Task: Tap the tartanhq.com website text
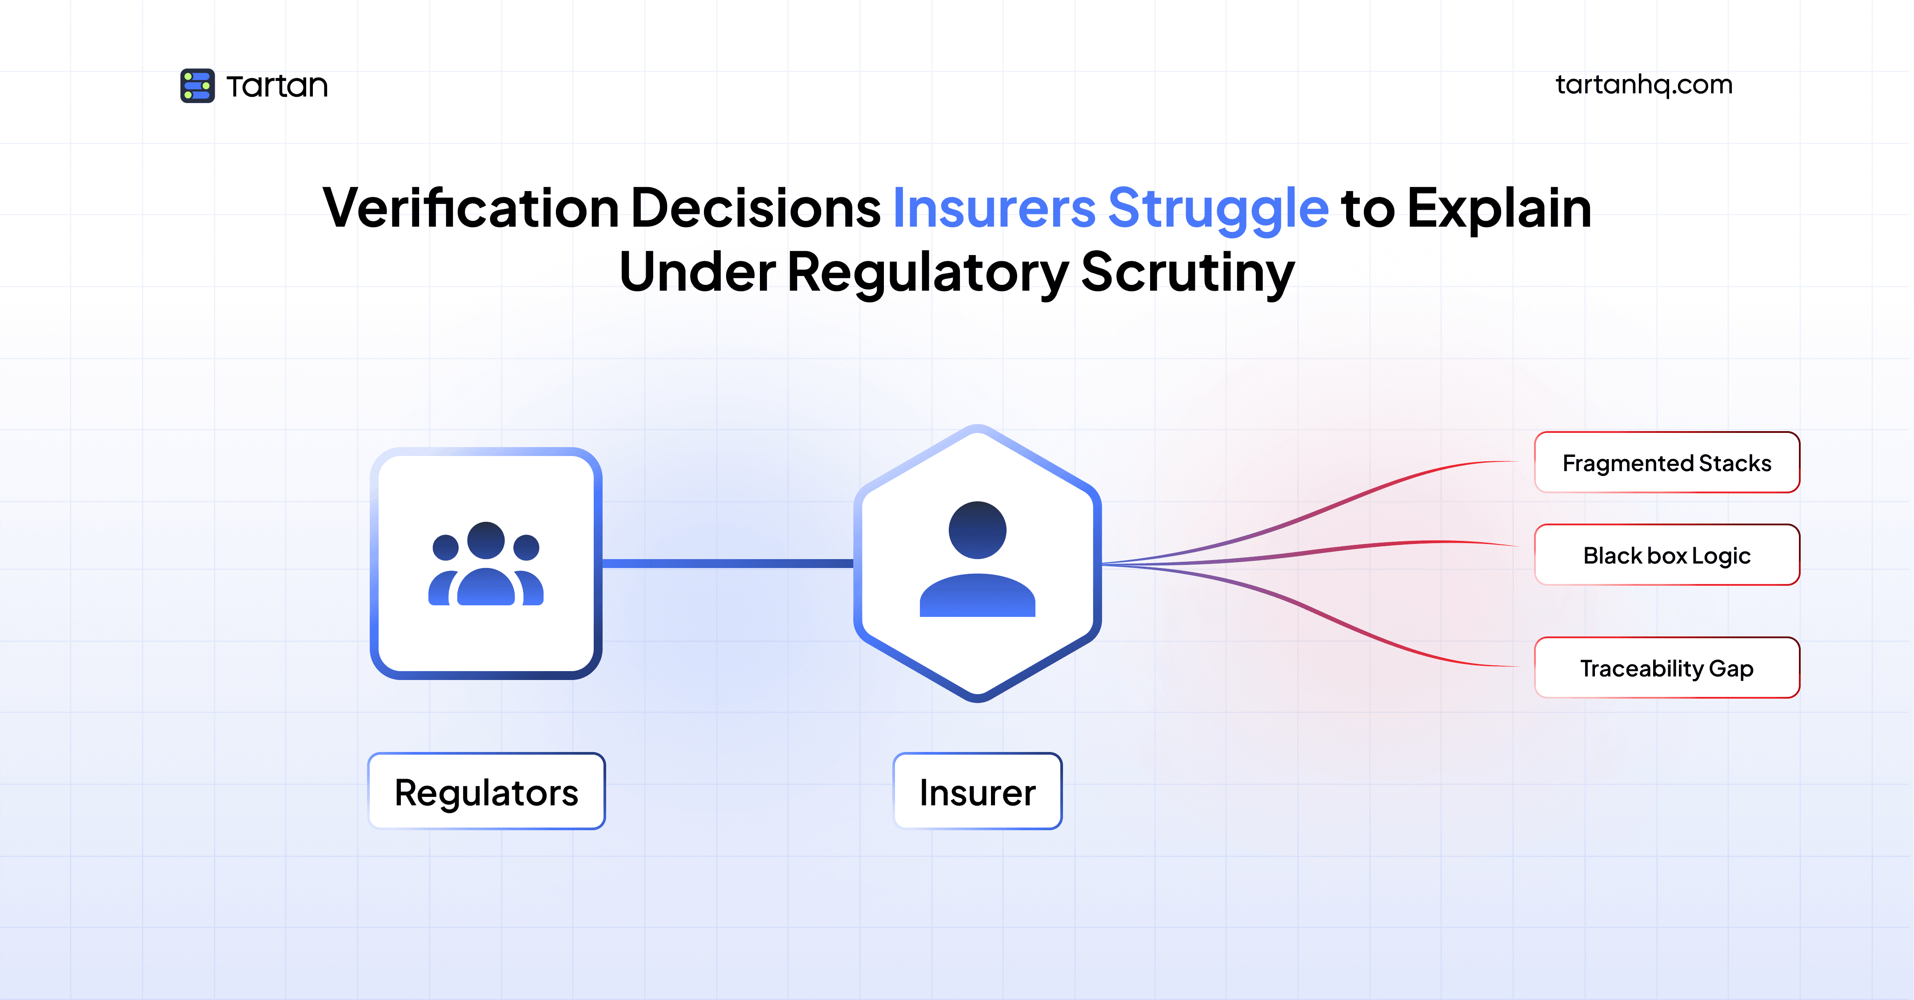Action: [1643, 85]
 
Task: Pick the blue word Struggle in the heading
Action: [1218, 209]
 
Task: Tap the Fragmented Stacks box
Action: [1666, 463]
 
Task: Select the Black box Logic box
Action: [1666, 555]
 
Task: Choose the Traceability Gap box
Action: [1666, 668]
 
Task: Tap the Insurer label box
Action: [977, 792]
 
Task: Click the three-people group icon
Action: [486, 564]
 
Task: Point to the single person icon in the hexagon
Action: [977, 561]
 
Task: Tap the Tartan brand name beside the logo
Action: [277, 86]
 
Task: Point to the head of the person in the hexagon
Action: [977, 530]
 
